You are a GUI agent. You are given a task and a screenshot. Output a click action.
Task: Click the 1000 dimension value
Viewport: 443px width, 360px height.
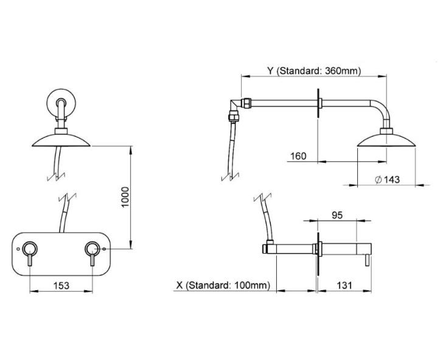[125, 197]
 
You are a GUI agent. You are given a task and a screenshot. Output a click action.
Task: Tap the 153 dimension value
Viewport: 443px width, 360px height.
[61, 285]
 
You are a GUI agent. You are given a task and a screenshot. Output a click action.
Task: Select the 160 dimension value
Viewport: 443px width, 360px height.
[299, 156]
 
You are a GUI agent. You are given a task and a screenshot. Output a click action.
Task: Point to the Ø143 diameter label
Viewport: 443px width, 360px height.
[387, 179]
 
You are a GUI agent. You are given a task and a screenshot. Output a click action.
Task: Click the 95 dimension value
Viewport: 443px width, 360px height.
[337, 215]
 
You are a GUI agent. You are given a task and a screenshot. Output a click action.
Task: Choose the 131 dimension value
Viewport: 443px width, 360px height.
[344, 285]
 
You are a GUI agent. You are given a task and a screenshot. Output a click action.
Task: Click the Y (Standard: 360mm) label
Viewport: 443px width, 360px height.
[314, 71]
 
